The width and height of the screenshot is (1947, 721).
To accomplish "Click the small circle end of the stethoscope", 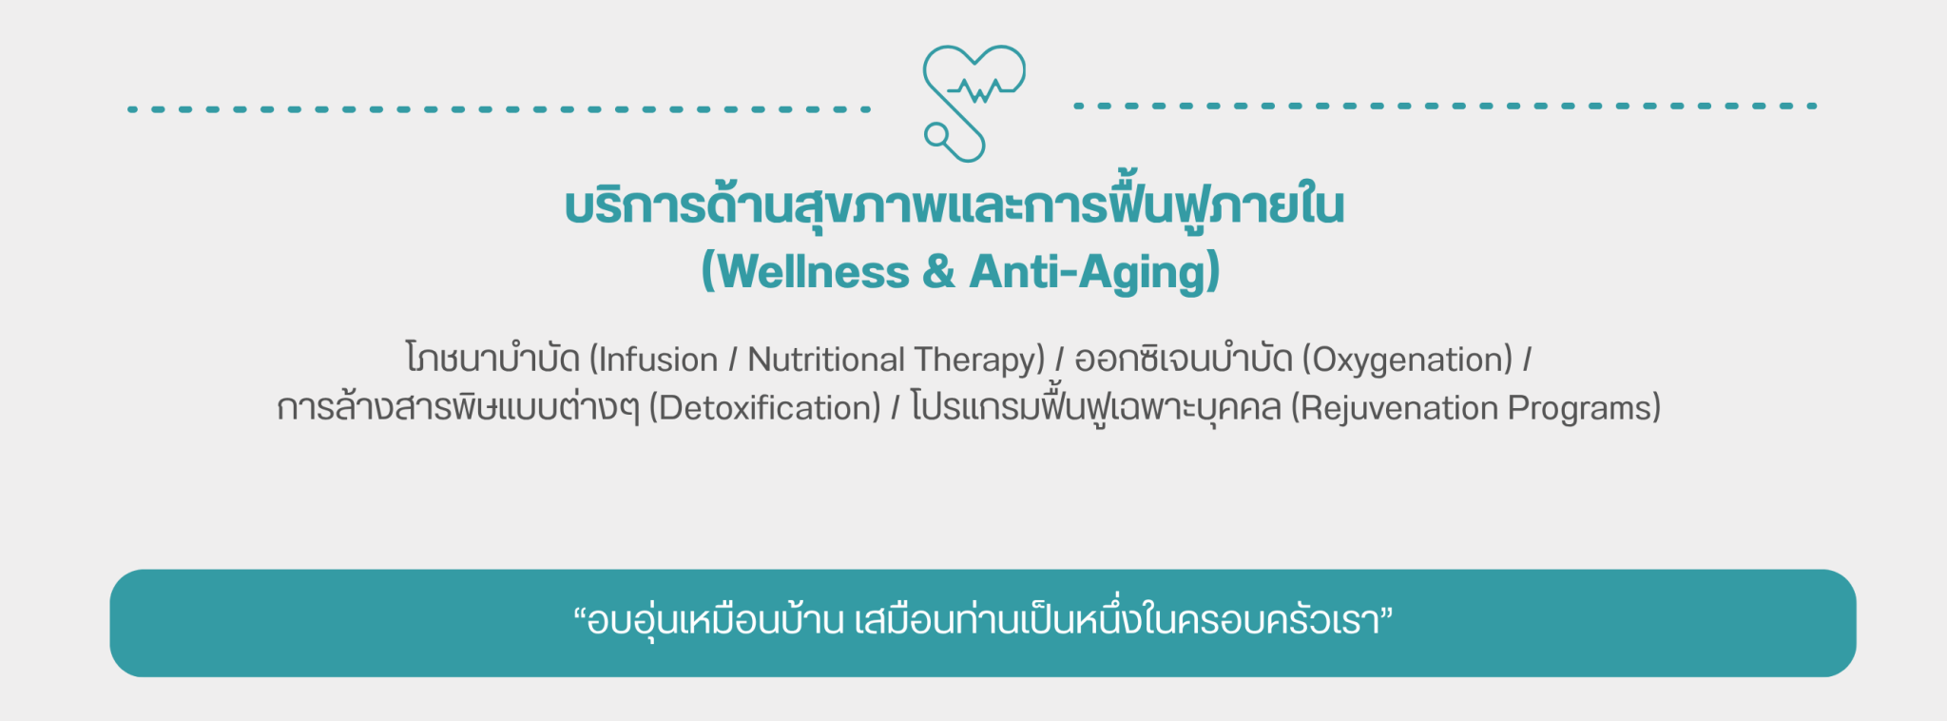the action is pos(936,136).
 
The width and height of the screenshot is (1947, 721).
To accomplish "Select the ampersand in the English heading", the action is pos(938,272).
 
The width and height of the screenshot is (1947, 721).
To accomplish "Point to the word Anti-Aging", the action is pos(1088,273).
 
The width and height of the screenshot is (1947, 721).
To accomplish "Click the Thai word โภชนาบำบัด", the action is pos(492,358).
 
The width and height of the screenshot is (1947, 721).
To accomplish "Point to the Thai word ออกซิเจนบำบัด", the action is pos(1184,358).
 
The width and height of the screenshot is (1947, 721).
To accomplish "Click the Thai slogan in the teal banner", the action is pos(983,620).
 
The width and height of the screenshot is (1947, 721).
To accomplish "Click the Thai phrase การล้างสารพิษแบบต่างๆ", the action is pos(458,406).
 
